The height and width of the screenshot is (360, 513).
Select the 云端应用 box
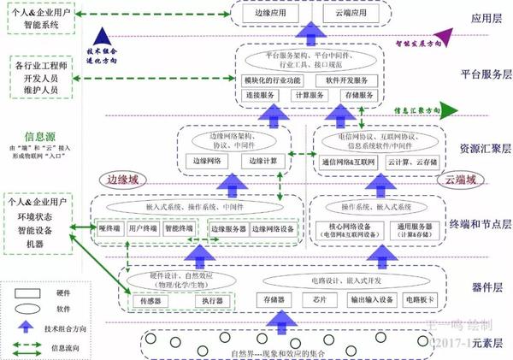click(x=351, y=15)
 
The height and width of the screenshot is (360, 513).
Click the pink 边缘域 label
click(x=122, y=180)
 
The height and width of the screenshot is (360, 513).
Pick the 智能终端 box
click(x=179, y=229)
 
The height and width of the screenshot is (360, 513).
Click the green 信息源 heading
click(x=40, y=135)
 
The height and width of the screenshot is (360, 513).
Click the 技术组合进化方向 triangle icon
click(x=103, y=37)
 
